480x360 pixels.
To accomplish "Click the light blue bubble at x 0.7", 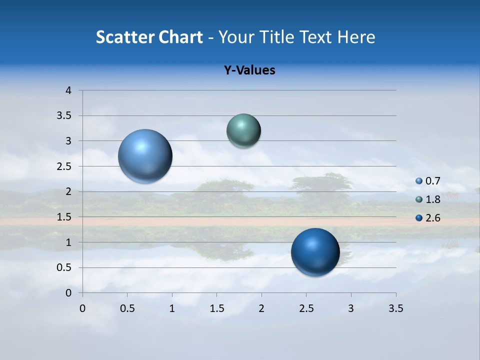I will coord(145,156).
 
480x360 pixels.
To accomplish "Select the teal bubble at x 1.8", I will coord(243,130).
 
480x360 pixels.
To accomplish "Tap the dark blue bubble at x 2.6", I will coord(315,252).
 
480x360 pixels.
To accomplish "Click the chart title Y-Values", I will coord(249,70).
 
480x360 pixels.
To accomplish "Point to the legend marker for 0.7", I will coord(419,181).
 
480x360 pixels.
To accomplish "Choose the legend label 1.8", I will coord(433,199).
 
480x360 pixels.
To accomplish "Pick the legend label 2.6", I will coord(433,218).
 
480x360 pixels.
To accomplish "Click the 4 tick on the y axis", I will coord(68,90).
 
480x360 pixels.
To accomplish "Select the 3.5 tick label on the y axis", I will coord(64,116).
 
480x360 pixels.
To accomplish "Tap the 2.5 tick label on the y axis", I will coord(64,166).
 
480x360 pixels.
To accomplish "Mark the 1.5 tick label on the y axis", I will coord(64,217).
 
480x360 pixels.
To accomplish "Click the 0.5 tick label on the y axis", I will coord(64,267).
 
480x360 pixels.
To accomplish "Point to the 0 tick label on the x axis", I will coord(82,308).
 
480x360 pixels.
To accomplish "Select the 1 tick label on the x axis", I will coord(172,308).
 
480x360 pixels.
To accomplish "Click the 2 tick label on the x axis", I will coord(261,308).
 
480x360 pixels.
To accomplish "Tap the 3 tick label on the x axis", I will coord(351,308).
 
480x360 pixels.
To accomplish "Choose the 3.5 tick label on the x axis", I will coord(395,308).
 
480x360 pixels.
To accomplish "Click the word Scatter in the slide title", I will coord(125,37).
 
